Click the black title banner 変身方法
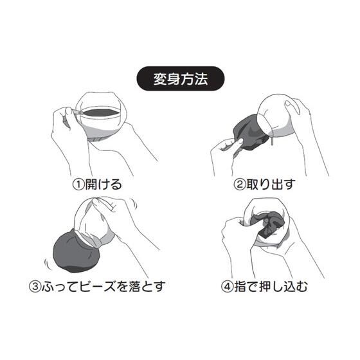click(181, 78)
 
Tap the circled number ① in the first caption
click(78, 184)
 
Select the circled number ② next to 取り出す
click(239, 184)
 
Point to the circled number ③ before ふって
click(35, 286)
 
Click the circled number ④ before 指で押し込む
click(227, 286)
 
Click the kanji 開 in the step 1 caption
click(91, 184)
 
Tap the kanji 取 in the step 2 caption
click(252, 184)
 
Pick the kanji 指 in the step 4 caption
click(240, 286)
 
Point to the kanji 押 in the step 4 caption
click(265, 286)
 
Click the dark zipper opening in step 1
click(100, 113)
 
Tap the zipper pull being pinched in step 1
click(78, 112)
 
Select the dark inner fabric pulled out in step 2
click(249, 134)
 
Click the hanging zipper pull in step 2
click(273, 140)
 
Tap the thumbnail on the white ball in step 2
click(288, 104)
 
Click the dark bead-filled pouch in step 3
click(76, 253)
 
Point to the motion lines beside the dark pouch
click(48, 264)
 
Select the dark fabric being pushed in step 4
click(267, 226)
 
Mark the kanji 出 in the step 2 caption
click(277, 184)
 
